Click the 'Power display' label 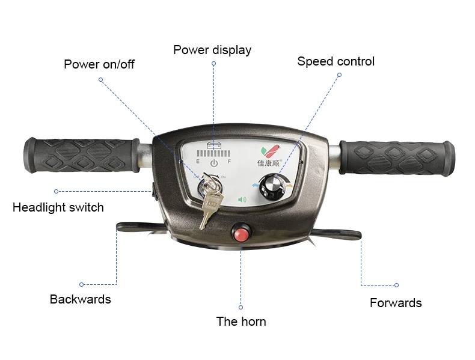[x=212, y=50]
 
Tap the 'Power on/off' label [x=99, y=64]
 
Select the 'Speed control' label [x=336, y=61]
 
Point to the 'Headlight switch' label [x=58, y=207]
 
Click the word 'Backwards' [x=81, y=299]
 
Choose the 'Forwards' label [x=396, y=303]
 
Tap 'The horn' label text [x=241, y=322]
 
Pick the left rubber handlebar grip [x=81, y=154]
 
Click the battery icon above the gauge [x=213, y=145]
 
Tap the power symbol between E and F [x=213, y=163]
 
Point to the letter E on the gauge [x=198, y=162]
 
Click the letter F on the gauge [x=229, y=162]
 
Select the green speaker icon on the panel [x=242, y=200]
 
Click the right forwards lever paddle [x=337, y=234]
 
